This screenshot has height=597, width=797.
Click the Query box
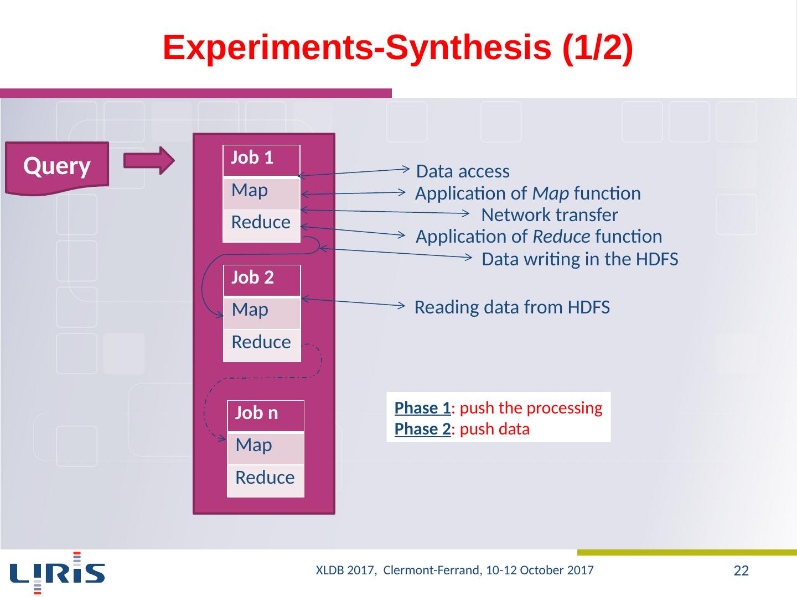tap(57, 166)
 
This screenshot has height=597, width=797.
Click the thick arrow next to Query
tap(149, 160)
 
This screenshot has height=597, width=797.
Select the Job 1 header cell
tap(261, 159)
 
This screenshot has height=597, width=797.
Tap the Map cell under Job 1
tap(261, 192)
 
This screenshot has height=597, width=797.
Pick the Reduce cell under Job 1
tap(261, 224)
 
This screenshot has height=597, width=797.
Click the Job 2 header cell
tap(262, 279)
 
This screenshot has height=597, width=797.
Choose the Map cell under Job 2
tap(262, 312)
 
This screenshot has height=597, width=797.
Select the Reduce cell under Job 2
tap(262, 344)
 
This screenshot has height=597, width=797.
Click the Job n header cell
tap(266, 415)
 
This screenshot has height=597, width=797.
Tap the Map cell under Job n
tap(266, 447)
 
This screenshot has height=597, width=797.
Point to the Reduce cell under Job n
tap(266, 479)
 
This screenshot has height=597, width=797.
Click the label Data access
tap(463, 172)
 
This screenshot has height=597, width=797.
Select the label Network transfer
tap(550, 215)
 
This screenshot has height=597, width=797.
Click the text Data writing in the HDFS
tap(580, 259)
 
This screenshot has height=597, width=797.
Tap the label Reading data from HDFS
tap(512, 307)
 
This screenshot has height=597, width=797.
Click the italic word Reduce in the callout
tap(561, 237)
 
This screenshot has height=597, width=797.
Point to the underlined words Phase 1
tap(422, 409)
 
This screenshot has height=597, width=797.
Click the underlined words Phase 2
tap(422, 430)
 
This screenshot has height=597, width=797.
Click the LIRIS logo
tap(57, 572)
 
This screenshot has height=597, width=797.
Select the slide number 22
tap(741, 571)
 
